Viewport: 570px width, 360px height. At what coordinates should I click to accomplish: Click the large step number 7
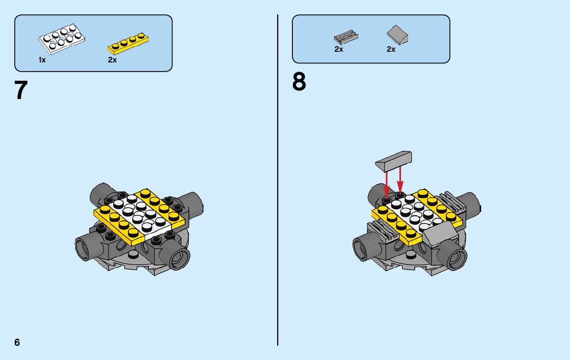point(21,90)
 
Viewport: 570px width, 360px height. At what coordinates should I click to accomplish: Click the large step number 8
point(299,82)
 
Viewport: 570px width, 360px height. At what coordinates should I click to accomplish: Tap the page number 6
point(17,342)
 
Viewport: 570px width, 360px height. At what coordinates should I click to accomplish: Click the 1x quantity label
point(42,60)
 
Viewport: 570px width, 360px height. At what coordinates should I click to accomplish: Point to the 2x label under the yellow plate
point(112,60)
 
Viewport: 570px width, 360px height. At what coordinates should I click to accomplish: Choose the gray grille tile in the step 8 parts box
point(346,37)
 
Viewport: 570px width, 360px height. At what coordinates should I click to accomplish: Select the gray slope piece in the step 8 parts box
point(397,36)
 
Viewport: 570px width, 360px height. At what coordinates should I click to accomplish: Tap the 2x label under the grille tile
point(339,50)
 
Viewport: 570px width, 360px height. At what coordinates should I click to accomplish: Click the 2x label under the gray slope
point(391,50)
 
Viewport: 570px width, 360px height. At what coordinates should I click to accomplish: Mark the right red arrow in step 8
point(400,181)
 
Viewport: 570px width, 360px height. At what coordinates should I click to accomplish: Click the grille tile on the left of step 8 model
point(385,232)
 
